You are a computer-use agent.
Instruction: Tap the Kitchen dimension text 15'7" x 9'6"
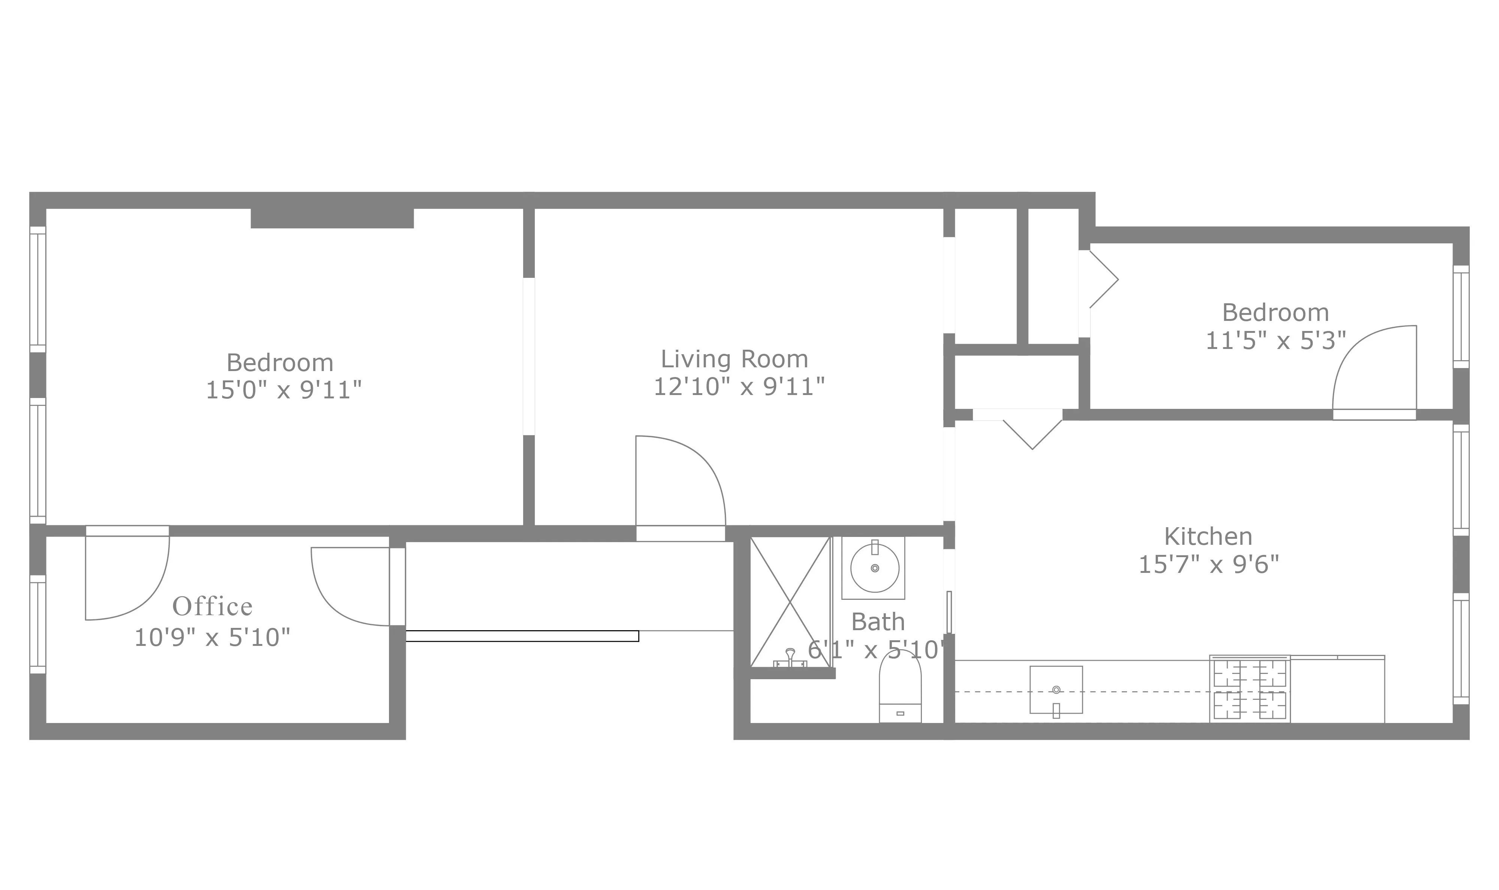pyautogui.click(x=1209, y=564)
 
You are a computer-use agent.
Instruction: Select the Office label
pyautogui.click(x=212, y=607)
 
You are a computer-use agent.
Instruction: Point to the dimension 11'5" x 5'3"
pyautogui.click(x=1276, y=341)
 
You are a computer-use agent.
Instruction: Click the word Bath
pyautogui.click(x=878, y=622)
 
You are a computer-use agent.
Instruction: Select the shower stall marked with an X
pyautogui.click(x=790, y=602)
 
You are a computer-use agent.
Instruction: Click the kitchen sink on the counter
pyautogui.click(x=1056, y=690)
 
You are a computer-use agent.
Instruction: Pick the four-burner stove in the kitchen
pyautogui.click(x=1249, y=690)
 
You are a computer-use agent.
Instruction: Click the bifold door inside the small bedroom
pyautogui.click(x=1103, y=279)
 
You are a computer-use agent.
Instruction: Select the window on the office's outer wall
pyautogui.click(x=37, y=624)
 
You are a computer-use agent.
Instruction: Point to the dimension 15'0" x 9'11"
pyautogui.click(x=283, y=391)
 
